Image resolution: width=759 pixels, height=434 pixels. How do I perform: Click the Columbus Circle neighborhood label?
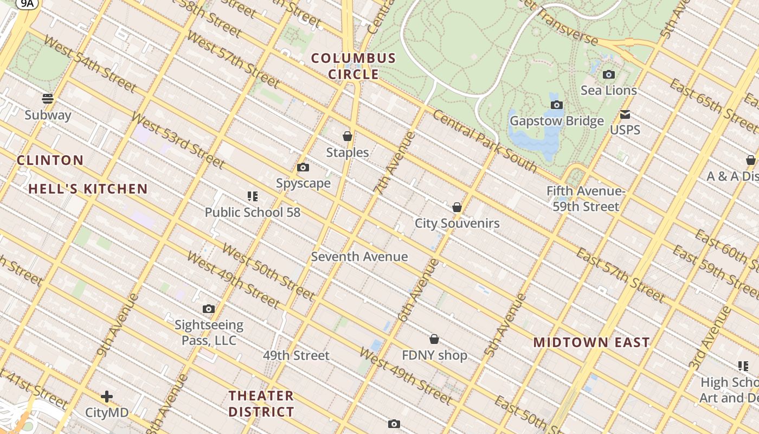(x=353, y=66)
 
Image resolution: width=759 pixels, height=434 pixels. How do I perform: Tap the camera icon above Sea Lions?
(x=609, y=75)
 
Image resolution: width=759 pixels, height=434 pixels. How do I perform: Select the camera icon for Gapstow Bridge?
(x=556, y=105)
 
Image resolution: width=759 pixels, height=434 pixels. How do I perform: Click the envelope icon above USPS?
(x=625, y=114)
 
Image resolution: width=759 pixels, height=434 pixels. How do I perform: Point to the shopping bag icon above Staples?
(x=348, y=136)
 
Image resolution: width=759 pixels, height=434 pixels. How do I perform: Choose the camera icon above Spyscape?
(x=303, y=168)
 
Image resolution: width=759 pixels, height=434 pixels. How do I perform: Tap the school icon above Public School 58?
(x=253, y=196)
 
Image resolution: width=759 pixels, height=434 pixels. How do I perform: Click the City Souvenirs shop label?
(x=457, y=223)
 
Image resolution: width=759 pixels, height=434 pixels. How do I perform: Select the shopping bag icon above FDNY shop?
(x=434, y=340)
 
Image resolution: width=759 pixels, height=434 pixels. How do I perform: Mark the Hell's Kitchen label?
(x=88, y=189)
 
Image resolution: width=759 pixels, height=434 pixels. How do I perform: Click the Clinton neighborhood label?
(x=50, y=160)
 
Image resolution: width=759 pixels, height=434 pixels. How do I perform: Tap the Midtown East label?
(x=591, y=342)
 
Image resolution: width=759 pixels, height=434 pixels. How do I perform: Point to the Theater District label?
(x=261, y=404)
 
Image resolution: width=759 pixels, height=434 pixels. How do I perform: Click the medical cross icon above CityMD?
(x=107, y=397)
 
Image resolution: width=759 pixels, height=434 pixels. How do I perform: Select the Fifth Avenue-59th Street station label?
(x=586, y=199)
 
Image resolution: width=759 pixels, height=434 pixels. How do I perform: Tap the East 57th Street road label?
(x=620, y=276)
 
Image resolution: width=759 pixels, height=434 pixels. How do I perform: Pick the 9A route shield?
(x=27, y=4)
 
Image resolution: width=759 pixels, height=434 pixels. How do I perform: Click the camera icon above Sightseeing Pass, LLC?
(x=209, y=309)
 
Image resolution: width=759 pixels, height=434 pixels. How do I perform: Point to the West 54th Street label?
(x=89, y=64)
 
